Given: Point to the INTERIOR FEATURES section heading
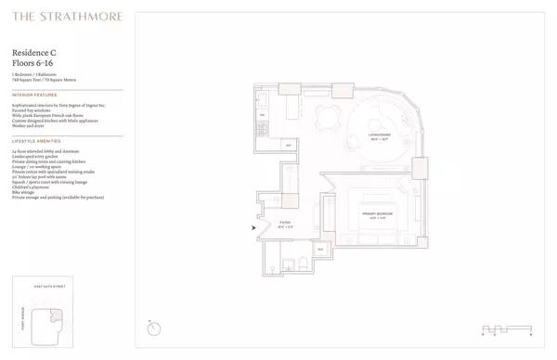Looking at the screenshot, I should click(x=34, y=95).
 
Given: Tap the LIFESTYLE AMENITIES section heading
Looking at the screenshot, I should click(x=36, y=140).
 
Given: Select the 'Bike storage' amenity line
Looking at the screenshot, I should click(x=25, y=191).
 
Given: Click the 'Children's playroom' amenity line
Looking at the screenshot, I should click(x=33, y=186).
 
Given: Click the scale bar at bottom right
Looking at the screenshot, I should click(x=507, y=328).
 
